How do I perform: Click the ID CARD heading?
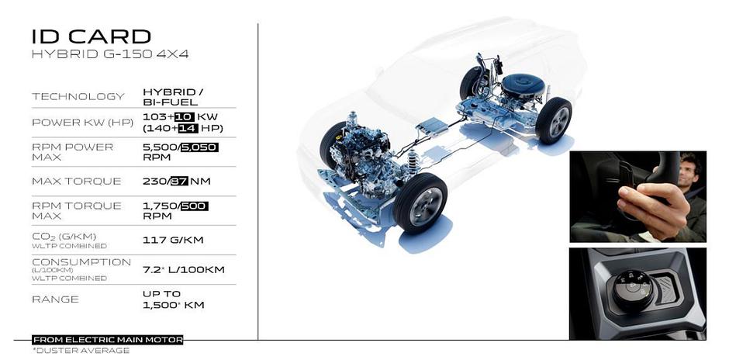pyautogui.click(x=92, y=36)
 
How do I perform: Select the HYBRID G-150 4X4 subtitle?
pyautogui.click(x=110, y=54)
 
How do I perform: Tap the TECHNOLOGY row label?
pyautogui.click(x=78, y=97)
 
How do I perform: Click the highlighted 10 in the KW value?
pyautogui.click(x=184, y=116)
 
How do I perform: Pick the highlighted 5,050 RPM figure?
pyautogui.click(x=199, y=147)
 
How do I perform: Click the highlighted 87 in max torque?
pyautogui.click(x=179, y=181)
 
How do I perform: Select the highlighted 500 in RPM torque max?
pyautogui.click(x=195, y=206)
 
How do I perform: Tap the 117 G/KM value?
pyautogui.click(x=173, y=240)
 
